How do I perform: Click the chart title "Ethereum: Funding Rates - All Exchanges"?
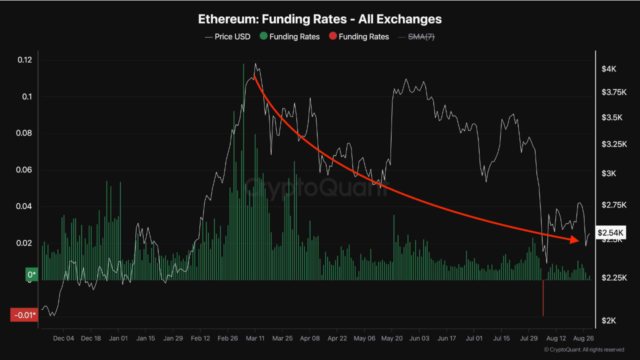tap(320, 19)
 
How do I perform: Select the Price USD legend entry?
tap(227, 36)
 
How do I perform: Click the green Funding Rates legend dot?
tap(263, 36)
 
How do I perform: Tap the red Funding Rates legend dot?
tap(332, 36)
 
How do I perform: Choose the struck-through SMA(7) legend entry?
tap(419, 36)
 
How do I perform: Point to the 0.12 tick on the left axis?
tap(24, 60)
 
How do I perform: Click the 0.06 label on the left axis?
tap(24, 170)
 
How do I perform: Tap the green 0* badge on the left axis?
tap(31, 274)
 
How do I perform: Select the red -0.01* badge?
tap(23, 315)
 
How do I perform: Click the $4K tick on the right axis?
tap(608, 69)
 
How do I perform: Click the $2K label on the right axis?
tap(608, 320)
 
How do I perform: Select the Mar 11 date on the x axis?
tap(255, 338)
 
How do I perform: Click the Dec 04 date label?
tap(63, 338)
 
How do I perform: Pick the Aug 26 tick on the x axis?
tap(583, 338)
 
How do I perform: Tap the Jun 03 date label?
tap(419, 338)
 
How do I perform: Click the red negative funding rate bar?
tap(543, 297)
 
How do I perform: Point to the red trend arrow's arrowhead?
tap(575, 240)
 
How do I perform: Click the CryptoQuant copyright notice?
tap(584, 349)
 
